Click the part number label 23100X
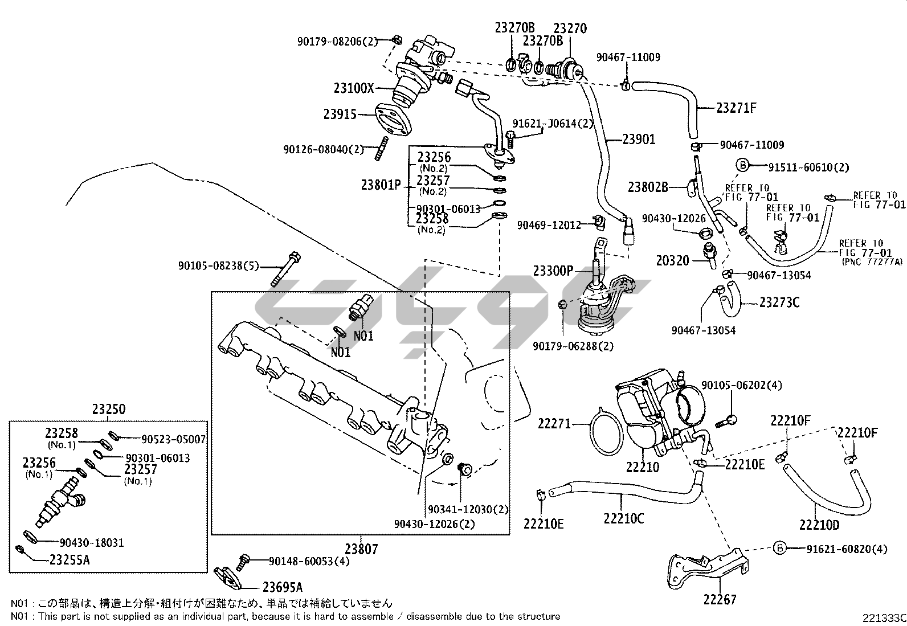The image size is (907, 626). point(354,88)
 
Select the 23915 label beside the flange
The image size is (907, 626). point(340,114)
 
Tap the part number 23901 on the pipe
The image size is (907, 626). point(639,139)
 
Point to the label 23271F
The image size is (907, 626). point(736,107)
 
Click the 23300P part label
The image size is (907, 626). point(553,271)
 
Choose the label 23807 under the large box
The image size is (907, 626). point(361,549)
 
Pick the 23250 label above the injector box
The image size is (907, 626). point(108,410)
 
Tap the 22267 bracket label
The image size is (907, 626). point(720,599)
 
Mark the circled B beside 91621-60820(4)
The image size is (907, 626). point(780,549)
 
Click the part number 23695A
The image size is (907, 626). point(283,587)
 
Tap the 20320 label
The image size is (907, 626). point(673,261)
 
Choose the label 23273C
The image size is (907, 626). point(779,302)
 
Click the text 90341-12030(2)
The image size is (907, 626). point(468,509)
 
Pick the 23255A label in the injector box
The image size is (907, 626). point(70,560)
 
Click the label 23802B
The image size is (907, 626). point(648,186)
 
